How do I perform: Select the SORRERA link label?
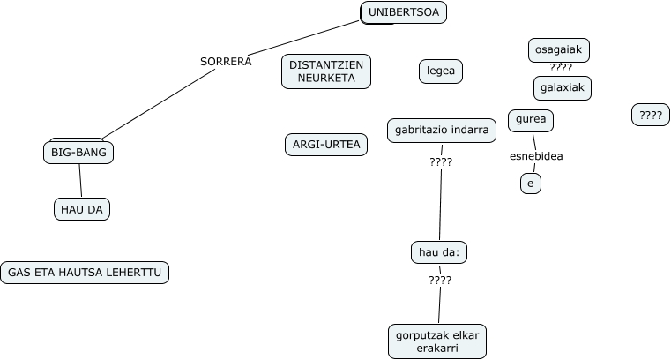tap(226, 62)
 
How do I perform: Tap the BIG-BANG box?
tap(78, 153)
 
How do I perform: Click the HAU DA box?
tap(82, 209)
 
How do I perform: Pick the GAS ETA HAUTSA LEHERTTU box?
tap(85, 273)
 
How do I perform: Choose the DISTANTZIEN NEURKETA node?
tap(326, 71)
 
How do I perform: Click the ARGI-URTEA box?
tap(326, 144)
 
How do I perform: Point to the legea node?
tap(440, 71)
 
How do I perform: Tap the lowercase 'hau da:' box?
tap(438, 252)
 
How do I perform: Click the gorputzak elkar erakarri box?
tap(437, 341)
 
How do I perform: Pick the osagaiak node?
tap(559, 50)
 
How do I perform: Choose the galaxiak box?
tap(562, 88)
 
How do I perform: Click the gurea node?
tap(530, 120)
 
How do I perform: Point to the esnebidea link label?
tap(536, 157)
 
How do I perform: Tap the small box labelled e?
tap(530, 184)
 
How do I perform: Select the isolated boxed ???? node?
tap(651, 115)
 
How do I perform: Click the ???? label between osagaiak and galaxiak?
tap(561, 69)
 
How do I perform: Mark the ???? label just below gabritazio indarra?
tap(441, 161)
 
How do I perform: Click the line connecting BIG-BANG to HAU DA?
tap(80, 181)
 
